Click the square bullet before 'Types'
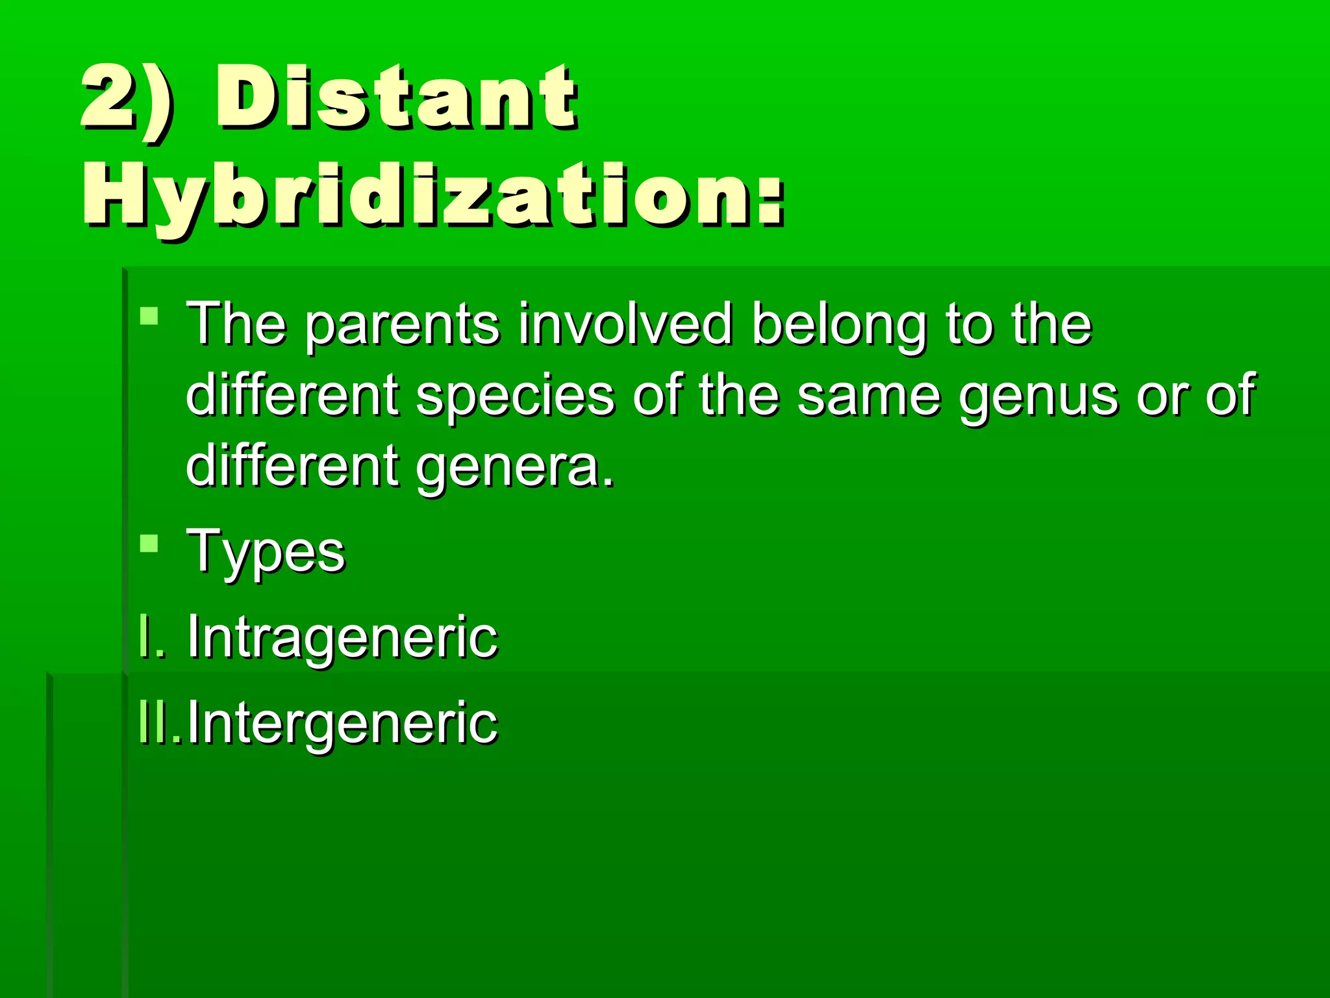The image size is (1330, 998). (149, 543)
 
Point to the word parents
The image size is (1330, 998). (403, 325)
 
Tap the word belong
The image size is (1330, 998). (838, 325)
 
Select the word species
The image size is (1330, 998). (514, 396)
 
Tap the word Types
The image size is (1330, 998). (266, 552)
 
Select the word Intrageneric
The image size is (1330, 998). (342, 637)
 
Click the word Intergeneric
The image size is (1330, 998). (342, 723)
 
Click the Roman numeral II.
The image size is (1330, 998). (157, 723)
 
